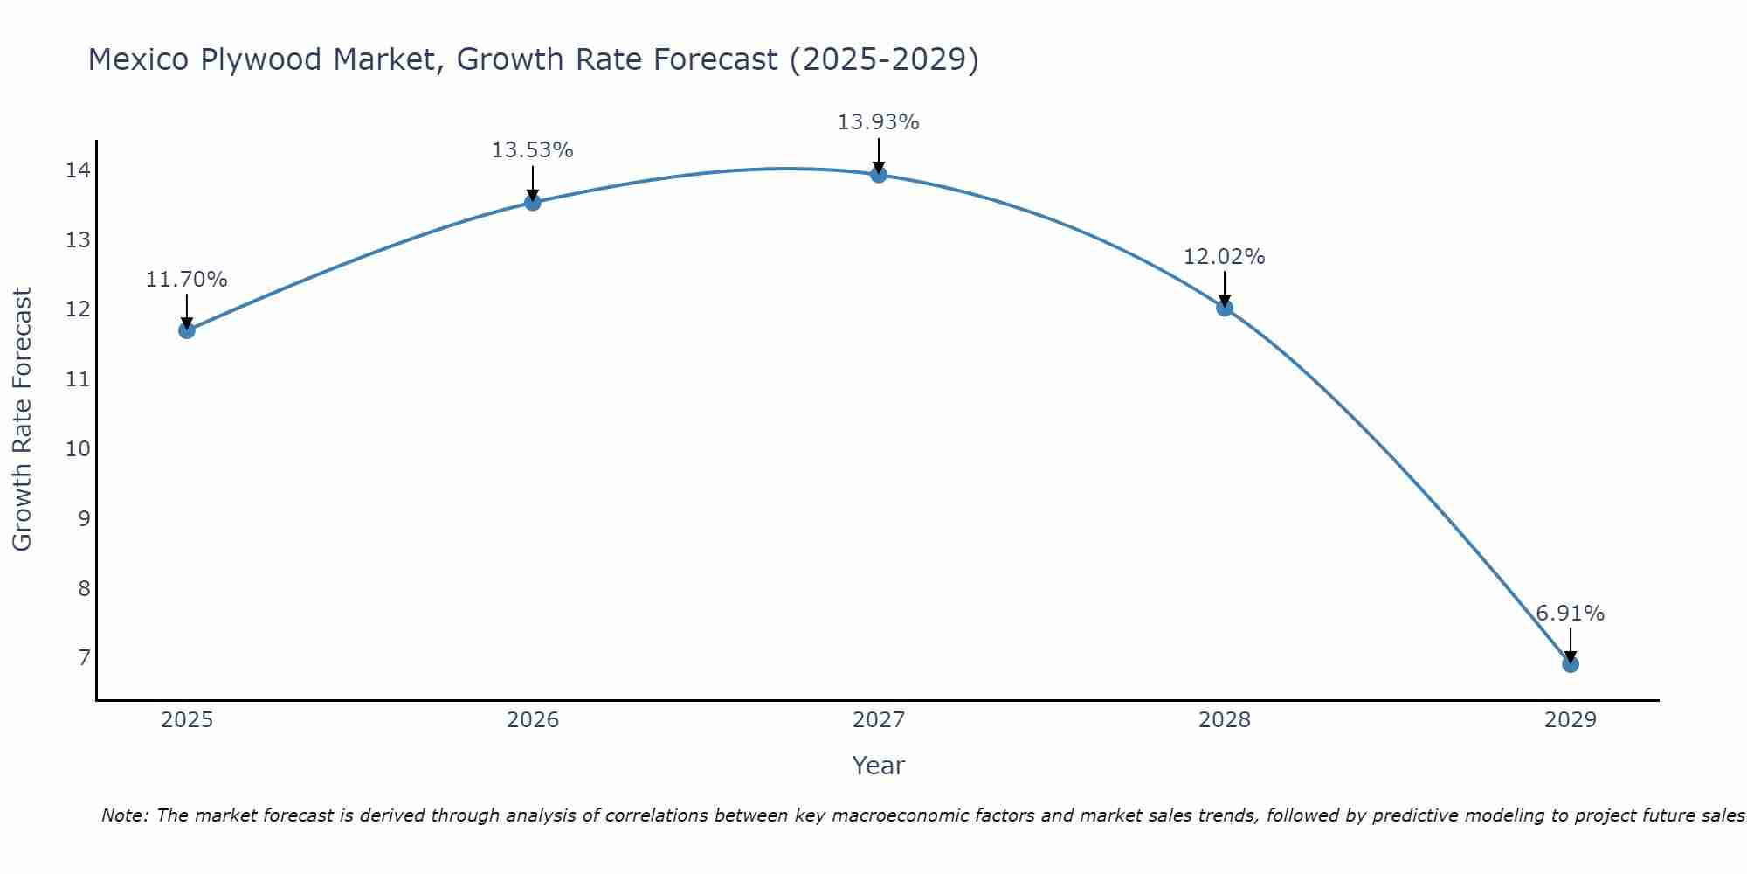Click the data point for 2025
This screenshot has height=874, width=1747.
187,330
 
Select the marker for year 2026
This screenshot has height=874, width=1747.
533,203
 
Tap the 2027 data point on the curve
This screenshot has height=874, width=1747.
879,175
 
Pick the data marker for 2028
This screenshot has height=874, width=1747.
1225,308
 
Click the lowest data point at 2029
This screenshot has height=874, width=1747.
1571,664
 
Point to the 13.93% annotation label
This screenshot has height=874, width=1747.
879,122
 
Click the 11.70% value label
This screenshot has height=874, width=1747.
187,280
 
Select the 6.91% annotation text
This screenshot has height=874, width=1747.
1571,614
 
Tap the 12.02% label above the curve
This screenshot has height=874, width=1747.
1225,257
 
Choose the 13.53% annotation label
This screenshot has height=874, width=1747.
533,150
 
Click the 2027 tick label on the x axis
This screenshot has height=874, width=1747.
879,720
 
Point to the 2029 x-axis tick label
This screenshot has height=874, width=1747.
1571,720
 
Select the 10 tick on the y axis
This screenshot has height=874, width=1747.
78,449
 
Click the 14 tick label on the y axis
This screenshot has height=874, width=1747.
78,170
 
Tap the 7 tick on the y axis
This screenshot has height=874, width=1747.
84,657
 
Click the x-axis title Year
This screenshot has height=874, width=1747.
879,766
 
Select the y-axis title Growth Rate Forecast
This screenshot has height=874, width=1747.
23,420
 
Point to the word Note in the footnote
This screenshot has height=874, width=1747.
125,815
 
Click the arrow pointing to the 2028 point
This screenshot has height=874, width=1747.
1225,288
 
